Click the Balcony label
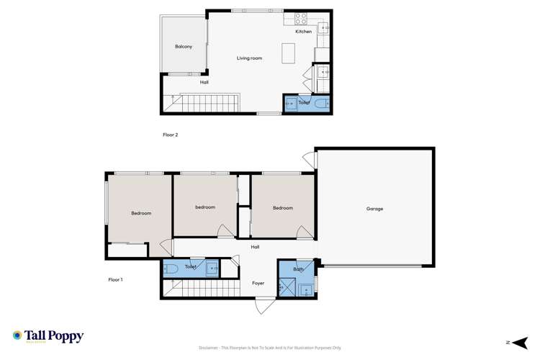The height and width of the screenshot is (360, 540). [184, 47]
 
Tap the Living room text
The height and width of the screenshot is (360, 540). [248, 58]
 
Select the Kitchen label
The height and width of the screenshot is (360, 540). [304, 32]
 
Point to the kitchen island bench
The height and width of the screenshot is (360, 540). [289, 53]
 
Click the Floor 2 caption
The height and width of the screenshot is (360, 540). [170, 135]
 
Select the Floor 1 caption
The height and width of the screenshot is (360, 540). [116, 279]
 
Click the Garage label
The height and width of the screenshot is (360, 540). [374, 209]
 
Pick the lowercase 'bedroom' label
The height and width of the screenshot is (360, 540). [205, 207]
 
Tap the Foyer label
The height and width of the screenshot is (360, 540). [258, 283]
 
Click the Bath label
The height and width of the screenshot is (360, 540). [298, 269]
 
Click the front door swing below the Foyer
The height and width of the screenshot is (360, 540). [264, 306]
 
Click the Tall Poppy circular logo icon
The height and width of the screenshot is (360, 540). [17, 335]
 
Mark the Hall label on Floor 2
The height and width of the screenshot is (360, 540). [204, 83]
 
